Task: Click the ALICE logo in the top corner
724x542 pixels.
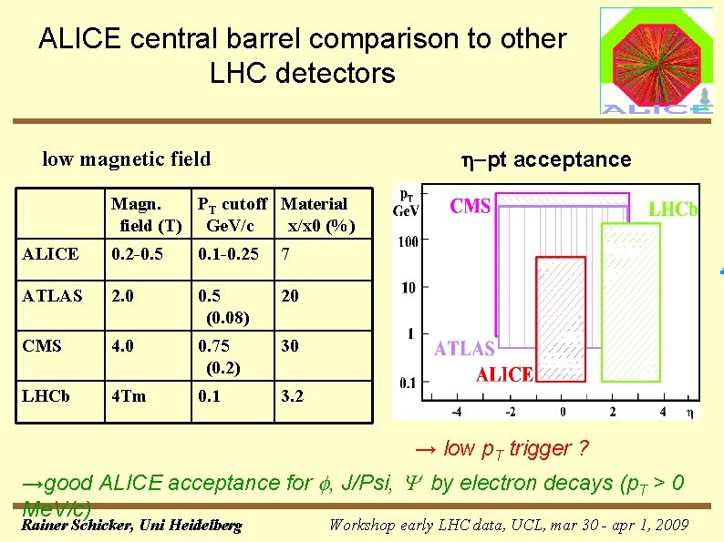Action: coord(656,61)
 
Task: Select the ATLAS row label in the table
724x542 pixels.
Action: coord(52,296)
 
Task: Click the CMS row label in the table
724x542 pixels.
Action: coord(44,346)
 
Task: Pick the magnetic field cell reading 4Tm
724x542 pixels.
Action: coord(128,396)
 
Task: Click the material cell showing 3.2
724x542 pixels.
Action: coord(293,396)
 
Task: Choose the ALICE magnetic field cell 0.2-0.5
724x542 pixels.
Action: coord(137,254)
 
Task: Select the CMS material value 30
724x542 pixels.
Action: coord(291,346)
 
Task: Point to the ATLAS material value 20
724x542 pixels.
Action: coord(291,296)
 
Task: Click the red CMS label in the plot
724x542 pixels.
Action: coord(471,206)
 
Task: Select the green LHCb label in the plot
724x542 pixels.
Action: coord(673,210)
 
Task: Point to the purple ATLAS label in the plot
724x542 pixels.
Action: coord(465,349)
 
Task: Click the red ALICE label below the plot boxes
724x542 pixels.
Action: coord(504,374)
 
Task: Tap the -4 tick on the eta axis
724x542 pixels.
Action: coord(457,412)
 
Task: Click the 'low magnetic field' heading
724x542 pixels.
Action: coord(127,159)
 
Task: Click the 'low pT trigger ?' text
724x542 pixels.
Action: coord(502,448)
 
